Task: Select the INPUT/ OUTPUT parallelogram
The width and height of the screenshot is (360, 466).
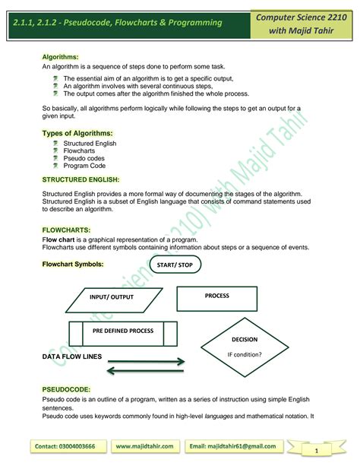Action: pos(111,297)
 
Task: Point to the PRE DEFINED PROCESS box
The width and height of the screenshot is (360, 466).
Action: pos(123,332)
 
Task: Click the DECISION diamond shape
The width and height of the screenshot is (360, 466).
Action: pos(245,347)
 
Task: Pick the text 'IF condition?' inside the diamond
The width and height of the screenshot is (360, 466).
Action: pos(245,354)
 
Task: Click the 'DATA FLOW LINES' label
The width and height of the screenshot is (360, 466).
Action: pos(72,356)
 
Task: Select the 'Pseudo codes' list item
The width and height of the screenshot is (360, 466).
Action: pos(84,158)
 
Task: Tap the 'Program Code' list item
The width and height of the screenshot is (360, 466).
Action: pos(85,166)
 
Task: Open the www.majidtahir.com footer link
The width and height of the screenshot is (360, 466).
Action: pos(146,446)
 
